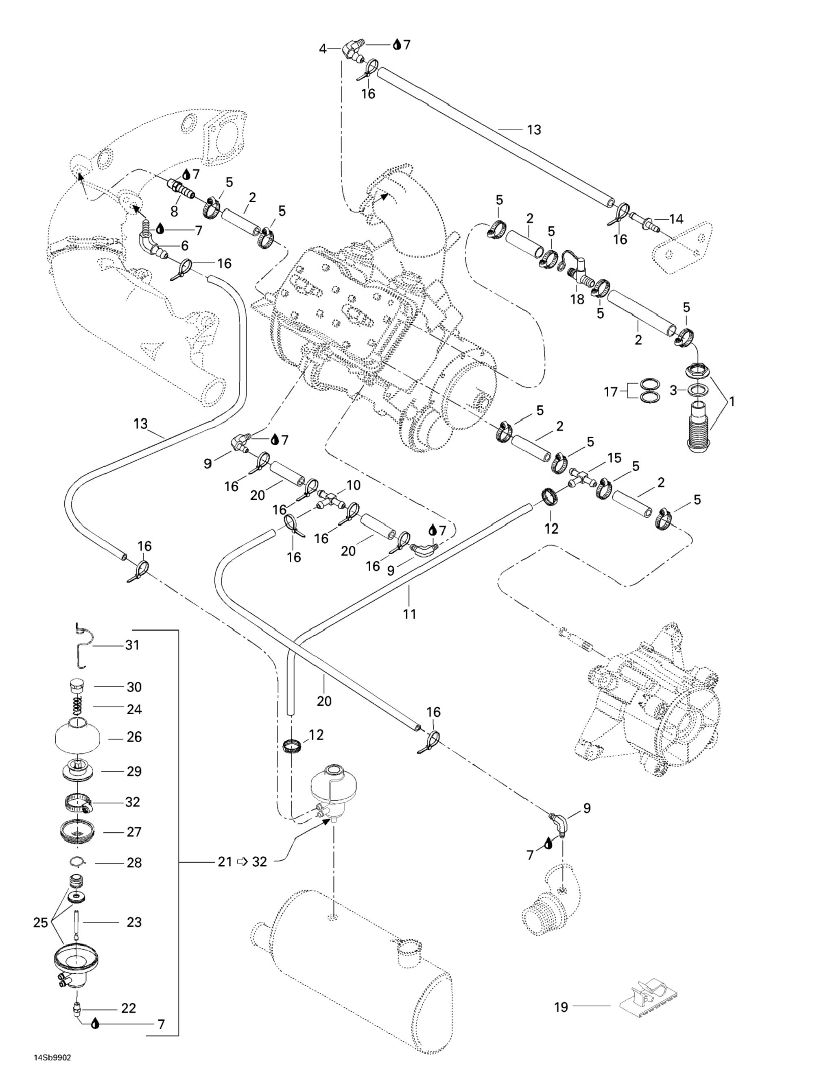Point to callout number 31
pyautogui.click(x=132, y=645)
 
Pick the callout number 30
pyautogui.click(x=134, y=687)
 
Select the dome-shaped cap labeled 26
pyautogui.click(x=77, y=737)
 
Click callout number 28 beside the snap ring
pyautogui.click(x=134, y=862)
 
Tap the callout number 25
pyautogui.click(x=40, y=923)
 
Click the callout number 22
pyautogui.click(x=129, y=1008)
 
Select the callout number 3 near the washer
pyautogui.click(x=673, y=391)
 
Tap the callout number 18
pyautogui.click(x=578, y=301)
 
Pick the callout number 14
pyautogui.click(x=676, y=219)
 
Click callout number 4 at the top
pyautogui.click(x=323, y=49)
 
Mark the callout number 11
pyautogui.click(x=410, y=614)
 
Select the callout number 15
pyautogui.click(x=614, y=458)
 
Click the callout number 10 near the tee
pyautogui.click(x=354, y=485)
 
